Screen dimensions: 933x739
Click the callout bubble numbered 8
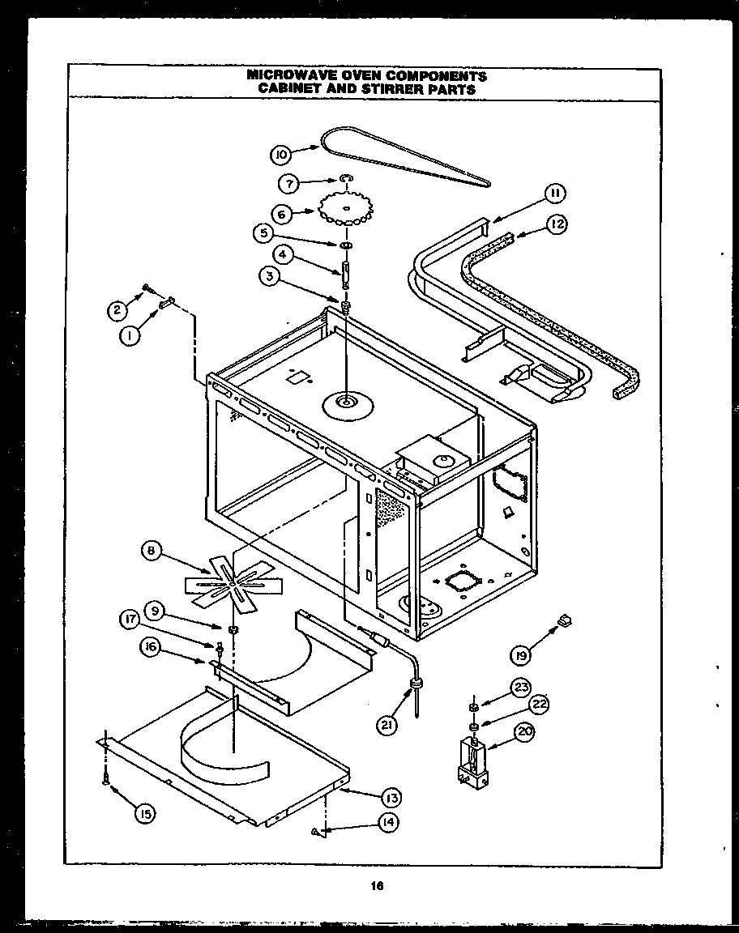tap(150, 552)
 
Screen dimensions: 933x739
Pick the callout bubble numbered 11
tap(554, 193)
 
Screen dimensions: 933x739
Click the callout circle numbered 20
tap(525, 735)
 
